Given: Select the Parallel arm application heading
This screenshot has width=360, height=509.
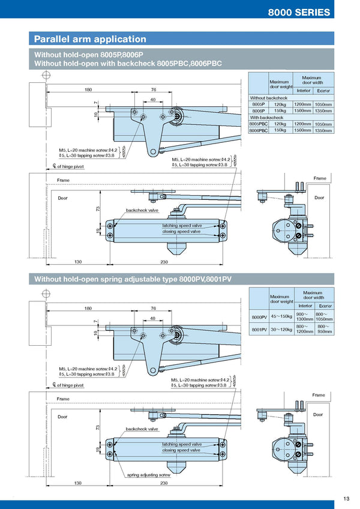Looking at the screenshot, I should [90, 39].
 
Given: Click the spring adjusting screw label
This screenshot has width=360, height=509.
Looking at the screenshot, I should [149, 475].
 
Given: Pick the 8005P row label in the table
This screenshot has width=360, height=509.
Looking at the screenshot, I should [258, 104].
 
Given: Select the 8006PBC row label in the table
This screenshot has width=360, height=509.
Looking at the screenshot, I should [259, 130].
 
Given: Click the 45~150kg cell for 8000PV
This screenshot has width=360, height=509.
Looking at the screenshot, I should [281, 316].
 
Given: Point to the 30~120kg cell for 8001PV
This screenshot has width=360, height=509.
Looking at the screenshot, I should [281, 329].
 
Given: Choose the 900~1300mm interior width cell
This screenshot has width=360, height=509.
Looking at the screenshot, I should [305, 316].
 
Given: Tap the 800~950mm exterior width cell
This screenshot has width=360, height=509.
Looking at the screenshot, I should [324, 329].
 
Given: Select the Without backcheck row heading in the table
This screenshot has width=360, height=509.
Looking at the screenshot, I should [269, 98].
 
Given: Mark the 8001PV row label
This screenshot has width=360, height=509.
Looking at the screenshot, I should [259, 329].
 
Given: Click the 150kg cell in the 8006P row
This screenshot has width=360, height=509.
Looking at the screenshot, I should [280, 111].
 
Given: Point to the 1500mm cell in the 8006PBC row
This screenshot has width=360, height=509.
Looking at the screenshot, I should [302, 130].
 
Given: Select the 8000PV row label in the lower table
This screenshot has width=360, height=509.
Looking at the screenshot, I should [259, 316].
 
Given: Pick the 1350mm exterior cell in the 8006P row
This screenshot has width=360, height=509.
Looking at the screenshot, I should [323, 111].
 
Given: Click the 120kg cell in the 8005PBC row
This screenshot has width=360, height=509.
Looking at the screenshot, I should [280, 124].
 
